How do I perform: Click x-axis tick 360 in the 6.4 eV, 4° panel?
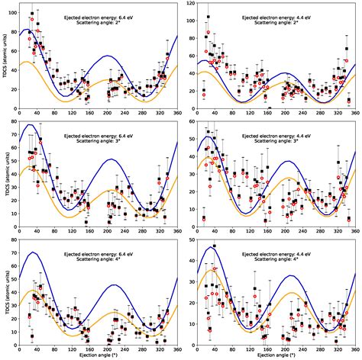click(x=177, y=349)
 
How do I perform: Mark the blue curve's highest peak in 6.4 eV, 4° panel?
click(x=34, y=252)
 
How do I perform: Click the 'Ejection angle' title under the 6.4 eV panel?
click(x=98, y=355)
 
